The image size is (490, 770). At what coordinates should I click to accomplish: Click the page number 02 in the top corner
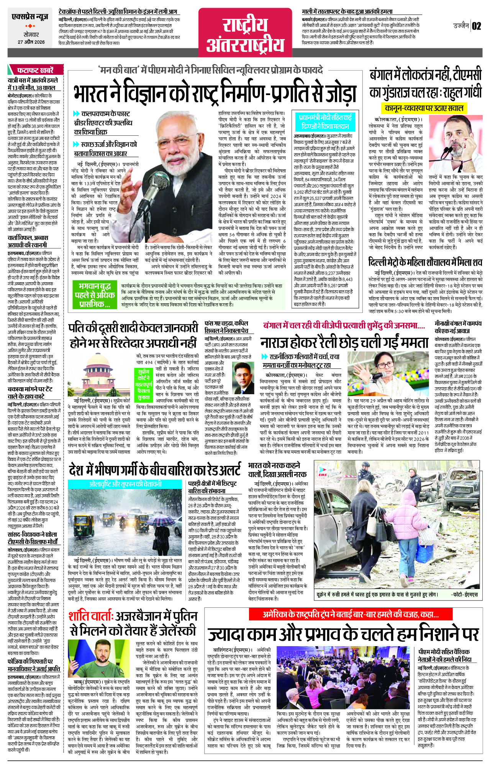[x=476, y=26]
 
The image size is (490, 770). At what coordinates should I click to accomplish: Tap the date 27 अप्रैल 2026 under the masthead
[x=31, y=42]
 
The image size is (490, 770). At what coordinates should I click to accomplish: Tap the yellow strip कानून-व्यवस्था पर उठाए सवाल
[x=424, y=108]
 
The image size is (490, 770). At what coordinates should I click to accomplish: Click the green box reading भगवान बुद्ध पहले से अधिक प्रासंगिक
[x=95, y=295]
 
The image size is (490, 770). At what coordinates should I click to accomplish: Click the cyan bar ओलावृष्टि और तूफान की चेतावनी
[x=125, y=484]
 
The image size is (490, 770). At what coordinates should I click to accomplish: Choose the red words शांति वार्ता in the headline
[x=90, y=617]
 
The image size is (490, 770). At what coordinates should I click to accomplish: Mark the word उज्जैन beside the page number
[x=461, y=26]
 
